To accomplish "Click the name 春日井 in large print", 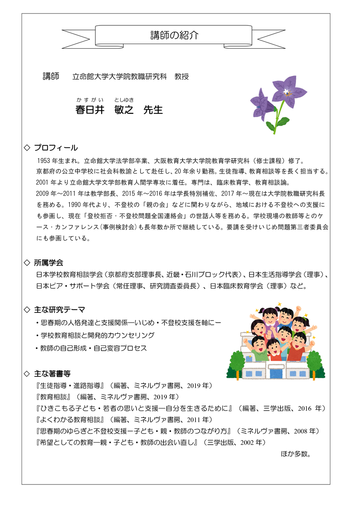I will coord(89,110).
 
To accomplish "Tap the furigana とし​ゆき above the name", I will coord(124,100).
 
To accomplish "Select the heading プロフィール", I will coord(56,148).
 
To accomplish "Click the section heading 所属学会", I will coord(49,263).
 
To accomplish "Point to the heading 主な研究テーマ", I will coord(59,310).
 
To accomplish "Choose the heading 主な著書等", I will coord(53,373).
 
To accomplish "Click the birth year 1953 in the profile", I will coord(44,161).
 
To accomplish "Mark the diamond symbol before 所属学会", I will coord(27,263).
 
